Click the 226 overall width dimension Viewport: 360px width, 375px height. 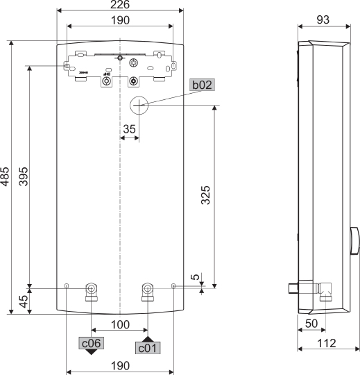119,5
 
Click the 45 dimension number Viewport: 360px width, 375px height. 23,301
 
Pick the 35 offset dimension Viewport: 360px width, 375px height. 129,128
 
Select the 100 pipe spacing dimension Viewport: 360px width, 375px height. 119,324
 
